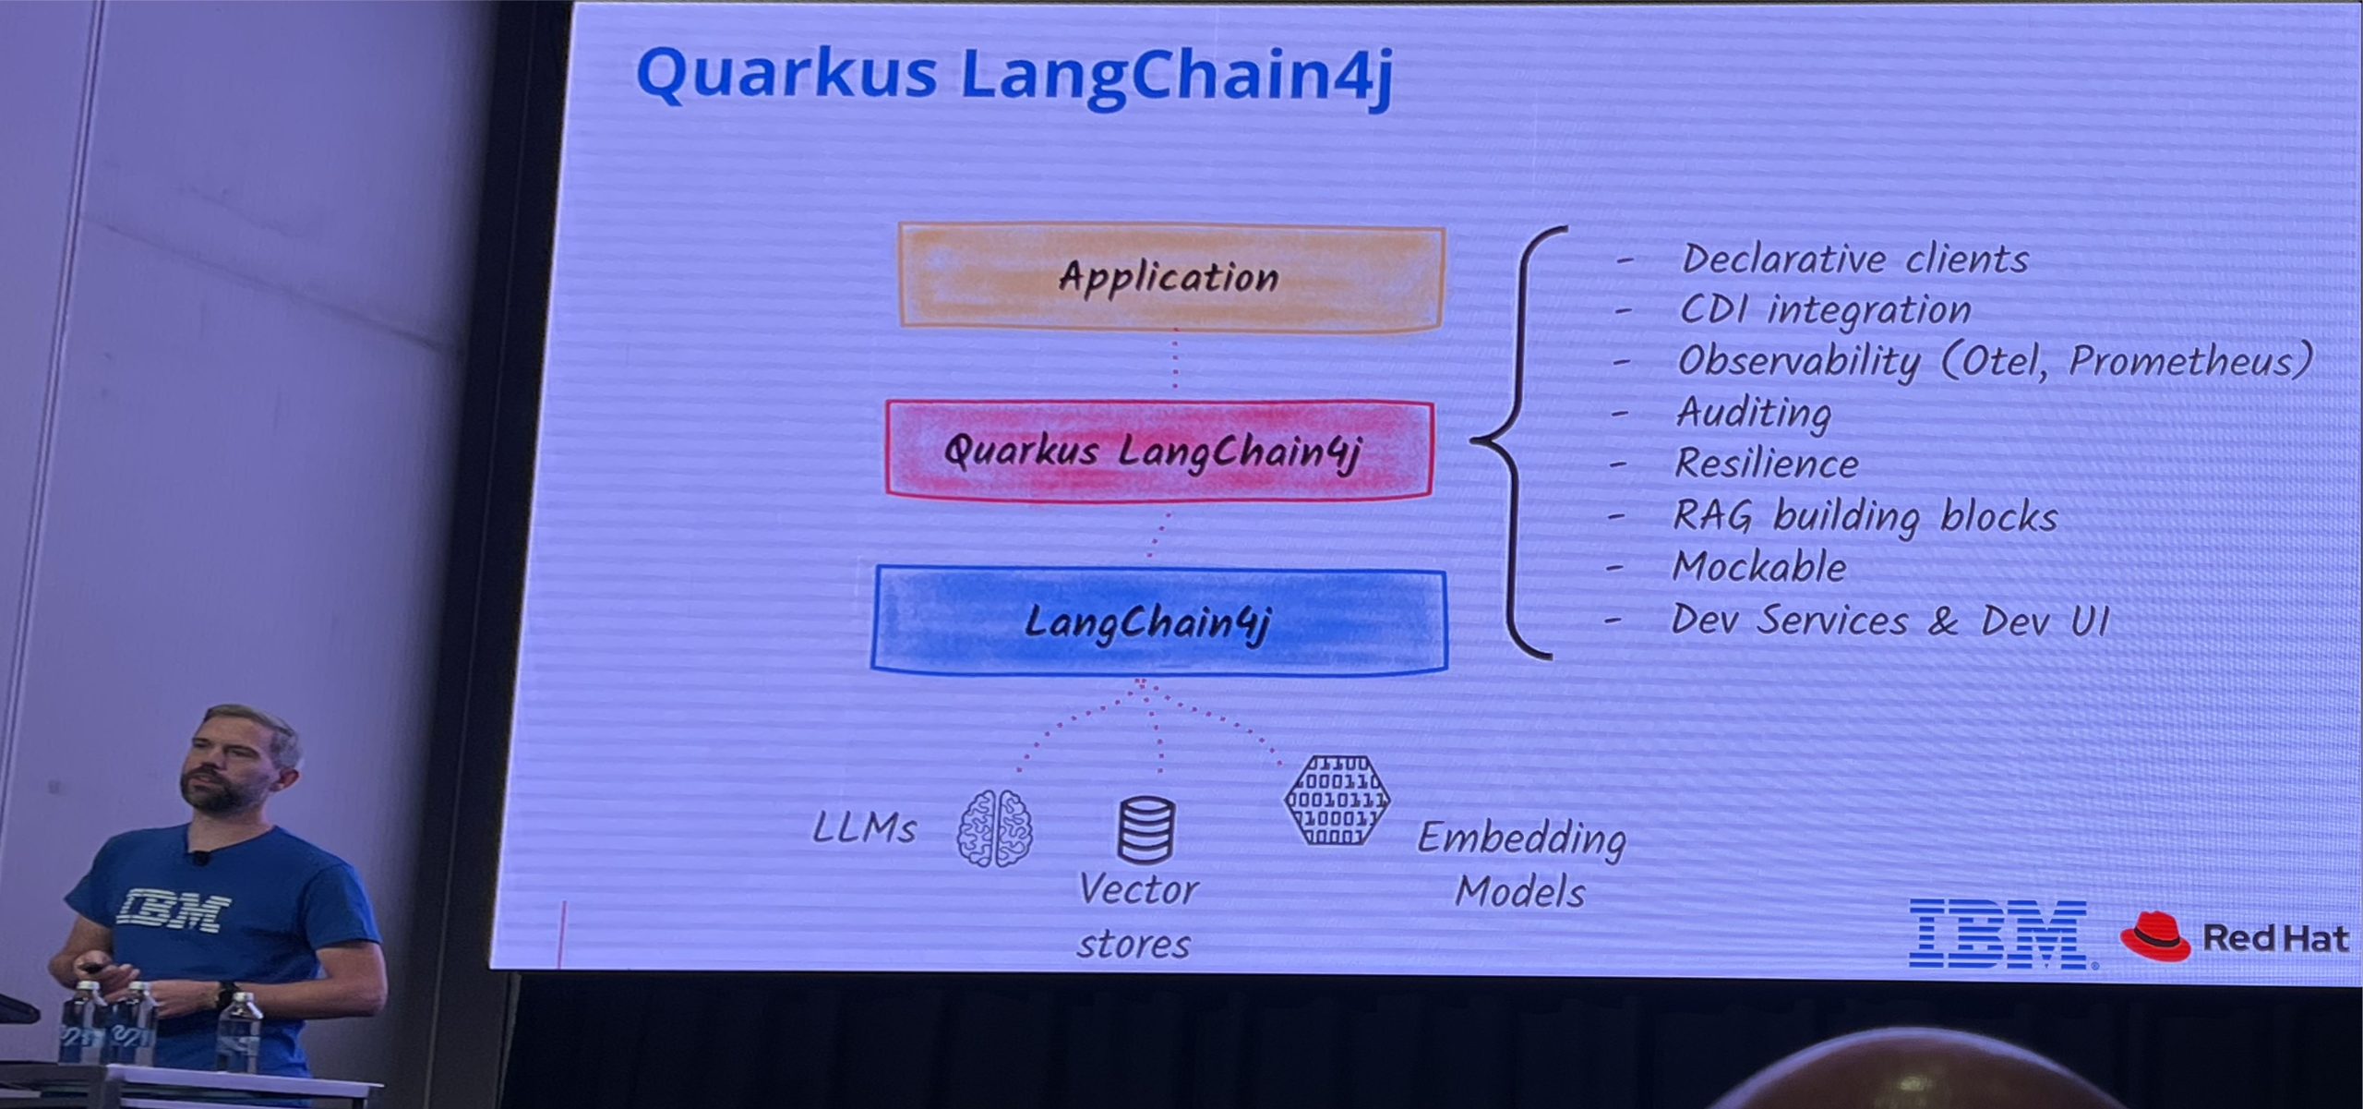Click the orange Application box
pos(1170,277)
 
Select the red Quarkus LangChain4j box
pos(1158,451)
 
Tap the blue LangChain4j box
pos(1158,621)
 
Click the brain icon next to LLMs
pos(994,828)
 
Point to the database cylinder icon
pos(1146,829)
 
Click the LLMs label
pos(864,828)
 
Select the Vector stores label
pos(1136,916)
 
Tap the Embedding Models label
pos(1521,864)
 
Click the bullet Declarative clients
pos(1854,259)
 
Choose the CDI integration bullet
pos(1824,310)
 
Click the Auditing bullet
pos(1753,412)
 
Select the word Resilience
pos(1766,464)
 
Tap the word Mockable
pos(1759,567)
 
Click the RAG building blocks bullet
pos(1865,516)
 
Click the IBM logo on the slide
pos(1997,934)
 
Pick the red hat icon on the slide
pos(2154,936)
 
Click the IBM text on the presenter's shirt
pos(174,910)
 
